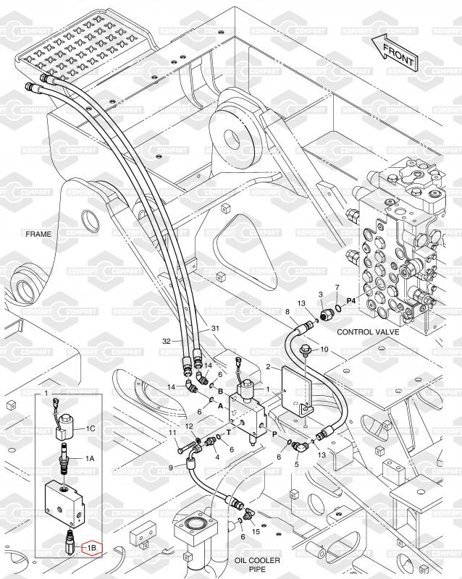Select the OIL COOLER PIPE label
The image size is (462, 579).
tap(252, 565)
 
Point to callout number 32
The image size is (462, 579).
tap(166, 341)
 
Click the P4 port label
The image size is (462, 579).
tap(351, 299)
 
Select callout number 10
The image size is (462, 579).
tap(324, 350)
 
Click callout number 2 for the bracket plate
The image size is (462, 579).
tap(268, 368)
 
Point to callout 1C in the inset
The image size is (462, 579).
tap(91, 428)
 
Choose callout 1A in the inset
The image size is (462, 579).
tap(91, 458)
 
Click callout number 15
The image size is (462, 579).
tap(256, 532)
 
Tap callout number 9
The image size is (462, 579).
tap(171, 467)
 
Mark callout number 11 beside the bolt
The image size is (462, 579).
tap(173, 433)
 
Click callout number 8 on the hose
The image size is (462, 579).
tap(287, 312)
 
